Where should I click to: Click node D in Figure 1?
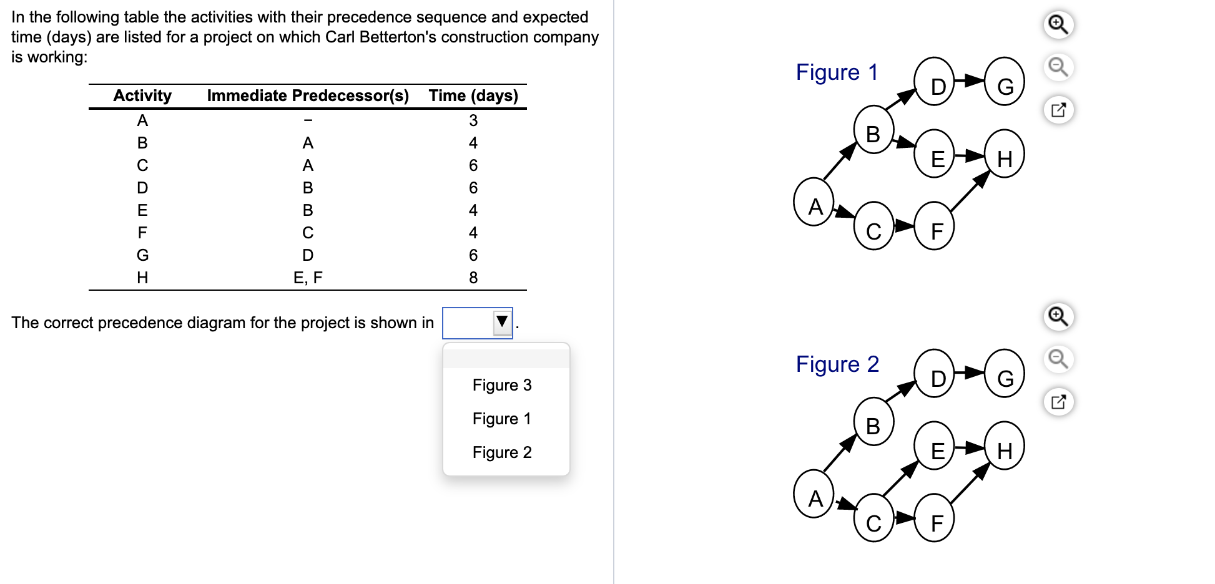pyautogui.click(x=934, y=82)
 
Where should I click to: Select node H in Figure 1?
pyautogui.click(x=1005, y=153)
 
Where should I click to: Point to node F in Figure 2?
pyautogui.click(x=934, y=517)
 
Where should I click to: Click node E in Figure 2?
pyautogui.click(x=934, y=445)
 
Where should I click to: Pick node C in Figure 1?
pyautogui.click(x=874, y=225)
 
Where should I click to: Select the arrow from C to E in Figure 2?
pyautogui.click(x=901, y=479)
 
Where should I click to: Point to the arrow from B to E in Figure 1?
pyautogui.click(x=904, y=142)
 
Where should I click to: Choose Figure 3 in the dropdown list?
pyautogui.click(x=502, y=385)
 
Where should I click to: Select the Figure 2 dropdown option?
pyautogui.click(x=502, y=452)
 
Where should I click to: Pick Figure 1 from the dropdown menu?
pyautogui.click(x=502, y=419)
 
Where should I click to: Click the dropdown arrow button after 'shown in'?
pyautogui.click(x=502, y=322)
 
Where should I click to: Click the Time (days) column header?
pyautogui.click(x=473, y=95)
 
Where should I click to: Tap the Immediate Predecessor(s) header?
pyautogui.click(x=308, y=95)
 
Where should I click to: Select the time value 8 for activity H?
pyautogui.click(x=473, y=278)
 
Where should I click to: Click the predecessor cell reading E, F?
pyautogui.click(x=308, y=278)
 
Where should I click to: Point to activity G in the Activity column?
pyautogui.click(x=142, y=255)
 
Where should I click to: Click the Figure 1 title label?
pyautogui.click(x=837, y=72)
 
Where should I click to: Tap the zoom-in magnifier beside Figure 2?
pyautogui.click(x=1058, y=317)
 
